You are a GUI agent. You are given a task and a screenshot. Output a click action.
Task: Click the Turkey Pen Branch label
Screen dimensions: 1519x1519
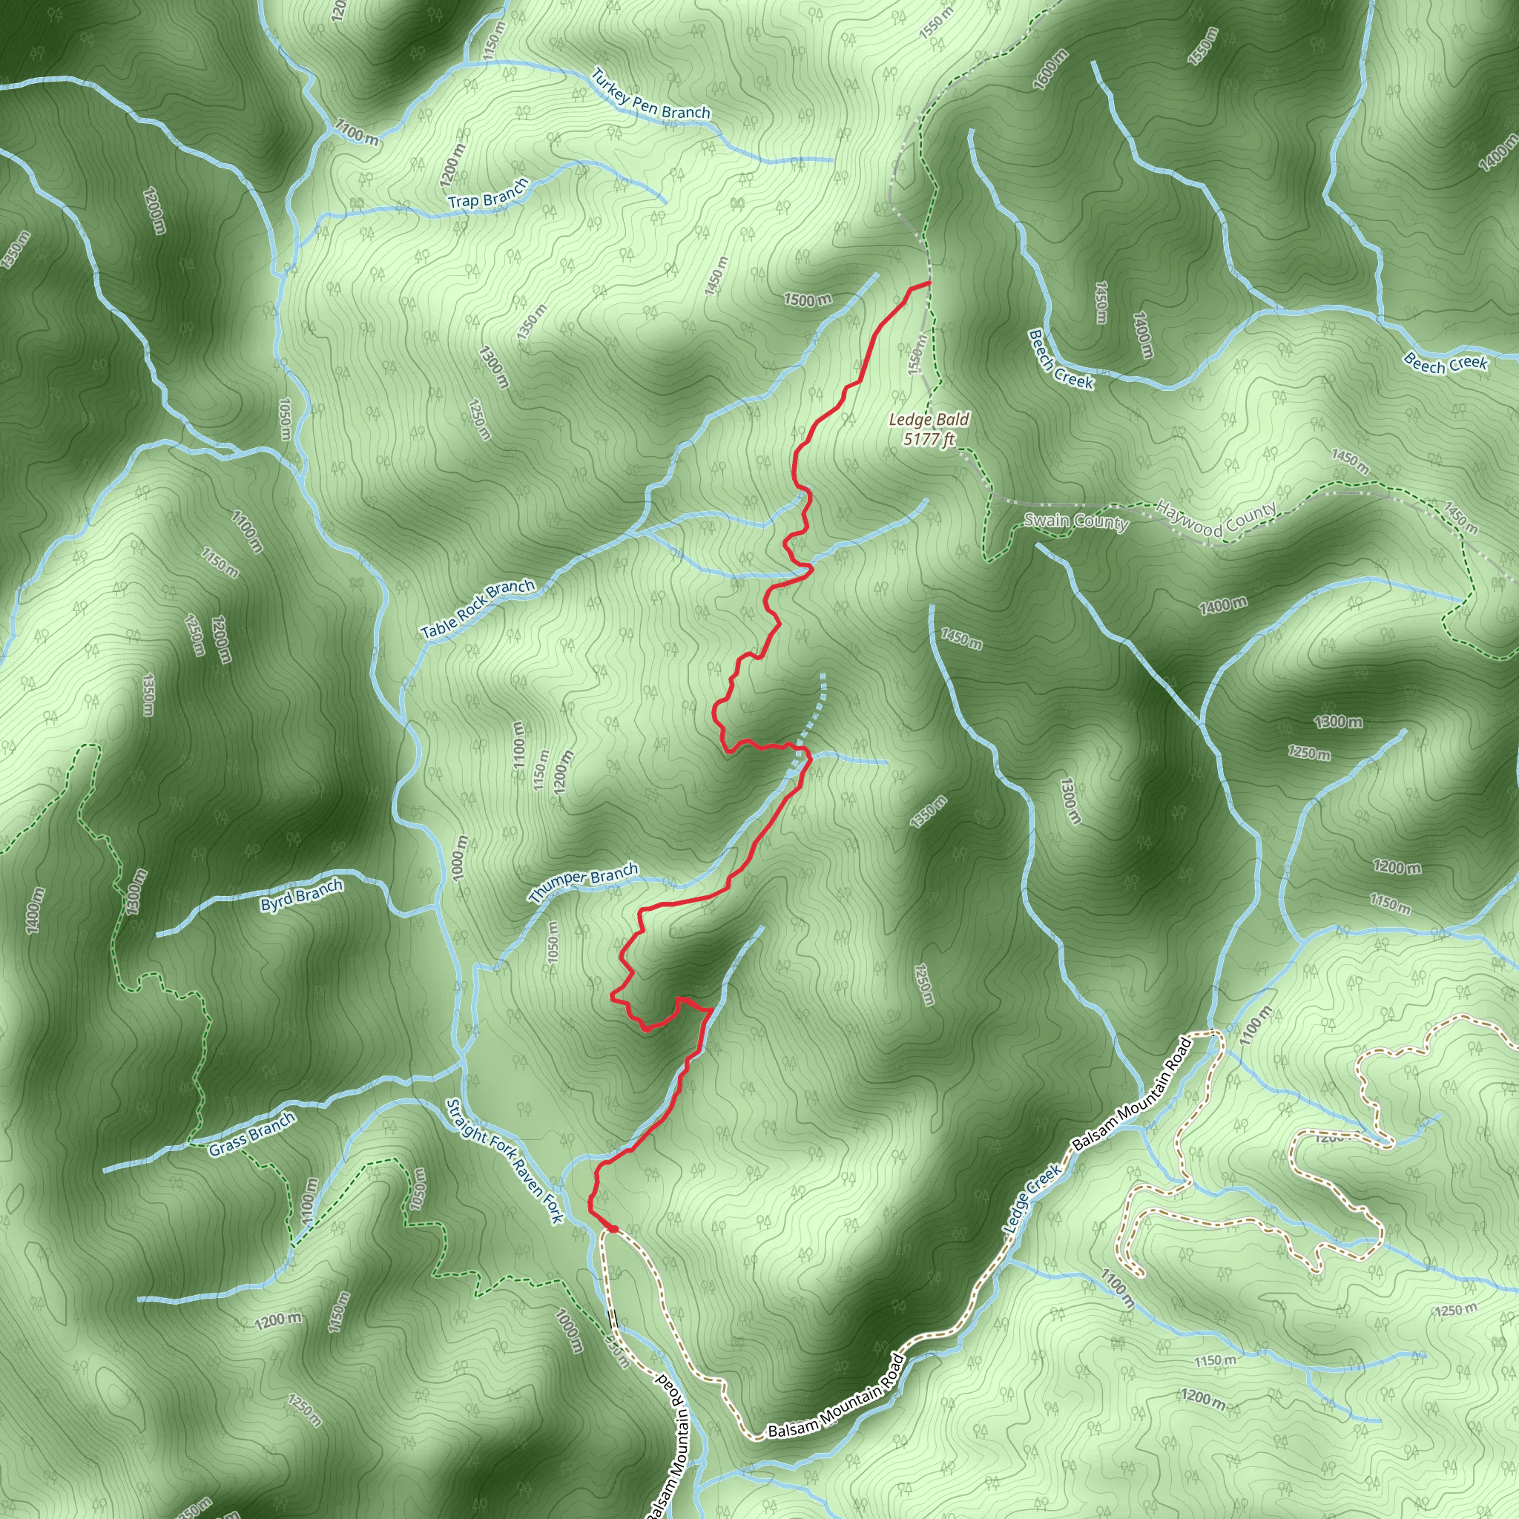(x=650, y=95)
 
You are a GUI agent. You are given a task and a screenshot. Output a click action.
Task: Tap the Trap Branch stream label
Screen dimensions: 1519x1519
(x=488, y=194)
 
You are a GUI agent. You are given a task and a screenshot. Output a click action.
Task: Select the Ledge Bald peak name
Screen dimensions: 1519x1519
(x=929, y=420)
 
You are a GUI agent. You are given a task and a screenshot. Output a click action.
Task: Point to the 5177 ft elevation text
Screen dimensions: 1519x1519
(x=929, y=439)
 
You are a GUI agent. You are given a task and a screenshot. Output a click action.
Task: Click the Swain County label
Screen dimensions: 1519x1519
(x=1075, y=521)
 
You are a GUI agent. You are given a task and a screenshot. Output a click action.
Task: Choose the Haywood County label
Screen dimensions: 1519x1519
(x=1216, y=520)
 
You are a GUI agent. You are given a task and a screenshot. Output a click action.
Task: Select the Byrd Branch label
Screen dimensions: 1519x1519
(x=301, y=895)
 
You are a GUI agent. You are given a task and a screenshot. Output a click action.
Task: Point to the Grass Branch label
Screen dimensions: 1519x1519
(x=251, y=1135)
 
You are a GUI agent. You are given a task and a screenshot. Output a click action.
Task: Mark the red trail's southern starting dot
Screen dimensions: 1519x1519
(x=613, y=1229)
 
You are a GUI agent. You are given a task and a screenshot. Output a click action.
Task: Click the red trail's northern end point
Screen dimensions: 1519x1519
(x=930, y=281)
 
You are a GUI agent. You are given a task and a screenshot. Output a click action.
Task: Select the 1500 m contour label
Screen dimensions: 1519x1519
(x=807, y=300)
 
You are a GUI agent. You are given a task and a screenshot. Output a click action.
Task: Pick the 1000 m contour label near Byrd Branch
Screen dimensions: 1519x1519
(x=461, y=858)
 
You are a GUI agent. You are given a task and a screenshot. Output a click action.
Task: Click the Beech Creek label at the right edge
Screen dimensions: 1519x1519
(x=1445, y=363)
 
